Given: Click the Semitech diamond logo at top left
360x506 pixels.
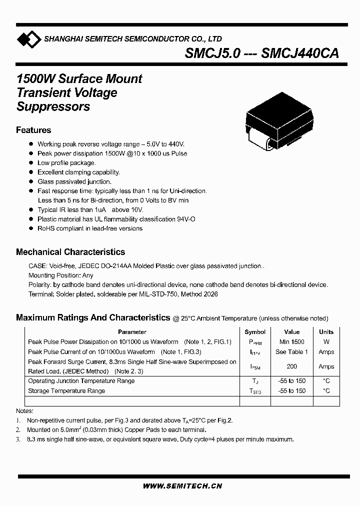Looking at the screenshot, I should click(28, 38).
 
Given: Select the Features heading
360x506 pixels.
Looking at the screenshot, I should click(33, 130).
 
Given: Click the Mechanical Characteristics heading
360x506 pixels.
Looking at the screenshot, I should click(70, 252).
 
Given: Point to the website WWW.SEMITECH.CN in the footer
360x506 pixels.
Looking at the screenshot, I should click(182, 485).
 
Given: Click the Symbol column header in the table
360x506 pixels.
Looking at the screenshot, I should click(255, 332).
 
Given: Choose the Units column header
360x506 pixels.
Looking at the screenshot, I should click(326, 332).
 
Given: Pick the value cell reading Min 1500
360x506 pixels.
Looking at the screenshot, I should click(291, 342).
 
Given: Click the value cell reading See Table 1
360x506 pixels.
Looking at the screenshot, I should click(291, 351).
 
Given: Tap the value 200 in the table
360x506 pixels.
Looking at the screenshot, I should click(291, 366).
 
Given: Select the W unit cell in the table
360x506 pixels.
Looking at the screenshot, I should click(326, 342).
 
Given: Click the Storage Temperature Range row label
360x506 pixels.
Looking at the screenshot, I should click(66, 391).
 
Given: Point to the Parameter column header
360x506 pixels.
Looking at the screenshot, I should click(132, 332).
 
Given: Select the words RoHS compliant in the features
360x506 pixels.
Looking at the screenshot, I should click(58, 228).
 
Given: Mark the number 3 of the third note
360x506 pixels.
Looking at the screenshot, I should click(18, 439).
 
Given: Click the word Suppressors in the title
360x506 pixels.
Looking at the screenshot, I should click(53, 106).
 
